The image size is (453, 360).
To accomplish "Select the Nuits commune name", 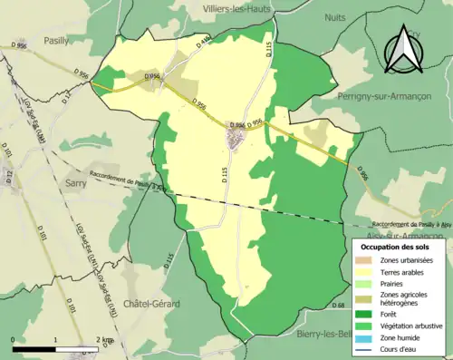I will pyautogui.click(x=338, y=15).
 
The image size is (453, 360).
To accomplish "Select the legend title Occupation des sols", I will pyautogui.click(x=397, y=246).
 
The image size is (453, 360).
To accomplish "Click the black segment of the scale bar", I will pyautogui.click(x=34, y=347).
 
